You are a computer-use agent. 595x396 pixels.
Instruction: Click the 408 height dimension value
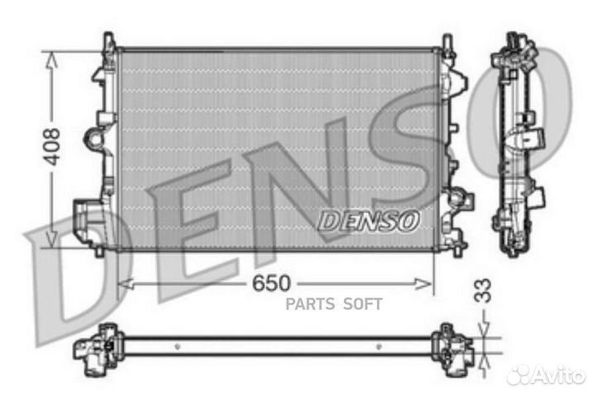(51, 146)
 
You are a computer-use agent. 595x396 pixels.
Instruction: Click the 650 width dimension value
(271, 284)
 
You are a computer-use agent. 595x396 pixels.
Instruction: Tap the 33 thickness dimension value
(484, 290)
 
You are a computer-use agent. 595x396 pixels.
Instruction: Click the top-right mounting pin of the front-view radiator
(447, 41)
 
